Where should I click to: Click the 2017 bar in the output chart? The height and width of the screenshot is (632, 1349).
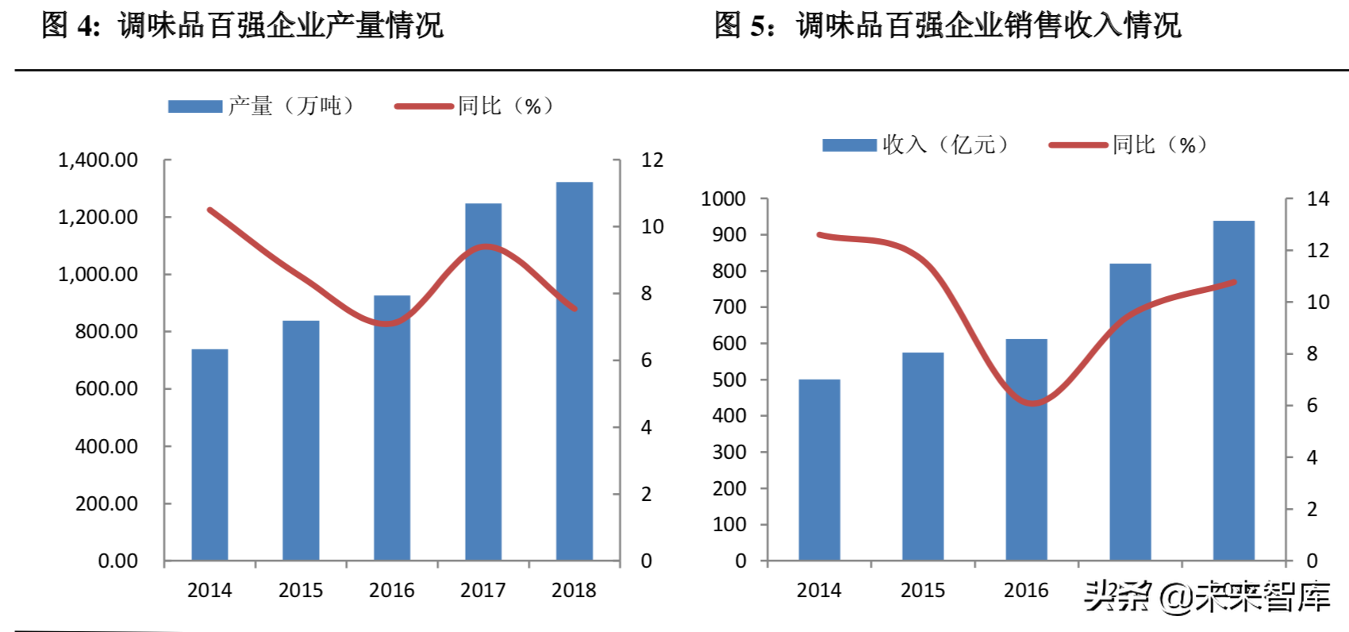[x=482, y=381]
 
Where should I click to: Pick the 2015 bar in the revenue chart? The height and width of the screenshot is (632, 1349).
[x=922, y=457]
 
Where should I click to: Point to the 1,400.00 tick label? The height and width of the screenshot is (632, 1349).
[x=98, y=160]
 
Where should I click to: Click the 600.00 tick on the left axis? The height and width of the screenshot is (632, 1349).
[x=106, y=389]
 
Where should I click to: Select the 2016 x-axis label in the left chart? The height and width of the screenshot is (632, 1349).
[x=391, y=590]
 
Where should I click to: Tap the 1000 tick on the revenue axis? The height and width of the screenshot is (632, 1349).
[x=723, y=198]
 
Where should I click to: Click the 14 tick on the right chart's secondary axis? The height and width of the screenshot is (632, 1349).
[x=1317, y=199]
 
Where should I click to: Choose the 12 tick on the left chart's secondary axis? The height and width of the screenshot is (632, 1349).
[x=651, y=160]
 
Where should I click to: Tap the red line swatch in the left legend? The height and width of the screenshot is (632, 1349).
[x=424, y=106]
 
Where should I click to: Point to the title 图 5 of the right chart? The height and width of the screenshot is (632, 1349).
[x=947, y=25]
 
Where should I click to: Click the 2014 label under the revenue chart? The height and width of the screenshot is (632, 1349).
[x=818, y=590]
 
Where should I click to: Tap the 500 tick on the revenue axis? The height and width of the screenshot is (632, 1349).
[x=729, y=380]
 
